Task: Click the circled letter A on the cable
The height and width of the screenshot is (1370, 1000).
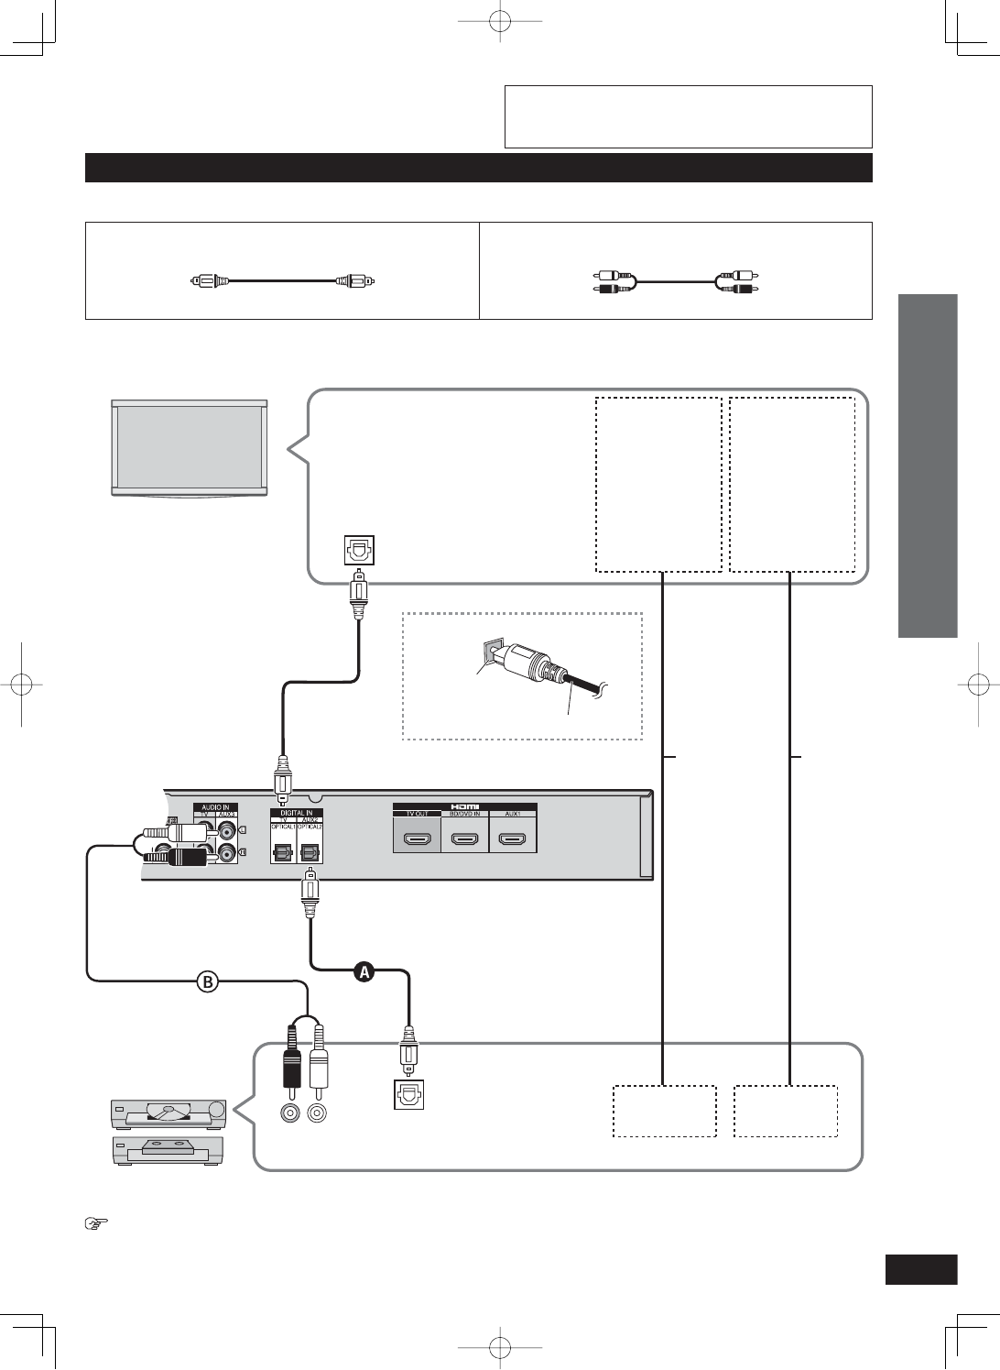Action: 364,972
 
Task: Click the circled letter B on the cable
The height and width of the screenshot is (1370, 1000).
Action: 209,981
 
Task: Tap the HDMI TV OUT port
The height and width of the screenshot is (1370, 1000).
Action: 417,838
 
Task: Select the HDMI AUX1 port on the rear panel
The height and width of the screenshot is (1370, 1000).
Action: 513,838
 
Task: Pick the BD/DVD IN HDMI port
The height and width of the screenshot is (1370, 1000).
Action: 465,838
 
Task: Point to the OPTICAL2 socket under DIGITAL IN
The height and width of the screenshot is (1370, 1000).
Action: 310,850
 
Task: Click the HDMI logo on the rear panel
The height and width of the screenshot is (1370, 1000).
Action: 465,807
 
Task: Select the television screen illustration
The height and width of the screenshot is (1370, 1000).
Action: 190,447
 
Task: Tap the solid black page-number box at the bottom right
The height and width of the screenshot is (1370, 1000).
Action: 921,1270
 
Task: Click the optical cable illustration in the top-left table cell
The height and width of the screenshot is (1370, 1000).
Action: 282,280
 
